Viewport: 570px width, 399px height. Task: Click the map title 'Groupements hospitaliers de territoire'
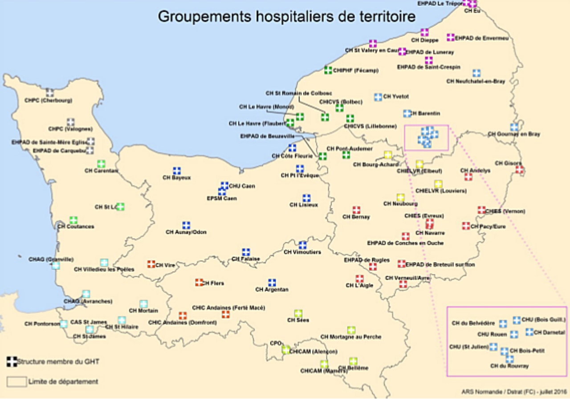[x=287, y=16]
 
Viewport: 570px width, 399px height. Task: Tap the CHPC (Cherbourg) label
[x=49, y=101]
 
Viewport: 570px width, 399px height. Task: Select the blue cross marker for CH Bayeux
[x=177, y=171]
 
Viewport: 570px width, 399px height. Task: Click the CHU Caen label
[x=242, y=186]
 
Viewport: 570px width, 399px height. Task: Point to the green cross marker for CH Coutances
[x=73, y=220]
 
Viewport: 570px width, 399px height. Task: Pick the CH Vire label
[x=165, y=265]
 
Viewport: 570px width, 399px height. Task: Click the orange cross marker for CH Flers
[x=199, y=282]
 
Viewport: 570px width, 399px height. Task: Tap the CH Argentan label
[x=272, y=290]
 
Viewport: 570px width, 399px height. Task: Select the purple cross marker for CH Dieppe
[x=424, y=33]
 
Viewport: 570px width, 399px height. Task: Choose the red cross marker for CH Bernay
[x=356, y=210]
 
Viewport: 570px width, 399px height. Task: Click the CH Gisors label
[x=508, y=163]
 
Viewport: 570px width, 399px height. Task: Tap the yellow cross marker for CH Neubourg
[x=400, y=197]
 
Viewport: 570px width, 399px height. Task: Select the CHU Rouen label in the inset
[x=493, y=334]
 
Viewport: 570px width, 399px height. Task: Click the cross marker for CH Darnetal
[x=529, y=332]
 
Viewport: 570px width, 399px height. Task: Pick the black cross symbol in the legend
[x=12, y=361]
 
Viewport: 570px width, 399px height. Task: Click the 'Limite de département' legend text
[x=63, y=382]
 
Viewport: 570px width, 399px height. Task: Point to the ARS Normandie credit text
[x=513, y=391]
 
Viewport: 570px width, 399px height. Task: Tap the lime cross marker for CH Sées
[x=298, y=313]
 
